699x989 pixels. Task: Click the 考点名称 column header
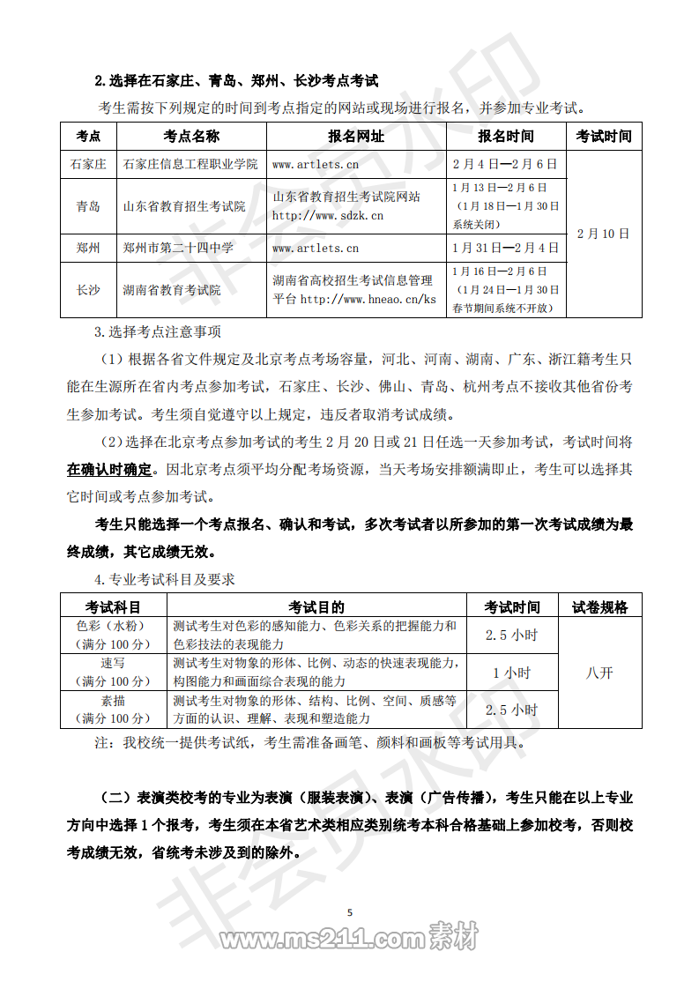tap(190, 136)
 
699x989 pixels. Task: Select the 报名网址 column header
tap(355, 136)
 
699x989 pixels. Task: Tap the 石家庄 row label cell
tap(88, 164)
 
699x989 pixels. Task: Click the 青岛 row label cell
tap(88, 206)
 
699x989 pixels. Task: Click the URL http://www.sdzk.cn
tap(327, 215)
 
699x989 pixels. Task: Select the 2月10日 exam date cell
tap(604, 234)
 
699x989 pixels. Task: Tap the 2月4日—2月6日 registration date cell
tap(505, 164)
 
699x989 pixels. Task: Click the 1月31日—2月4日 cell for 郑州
tap(505, 248)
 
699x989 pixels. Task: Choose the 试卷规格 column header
tap(599, 606)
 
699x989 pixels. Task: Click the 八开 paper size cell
tap(599, 673)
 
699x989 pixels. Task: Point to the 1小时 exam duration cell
tap(511, 673)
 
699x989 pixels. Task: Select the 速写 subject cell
tap(113, 663)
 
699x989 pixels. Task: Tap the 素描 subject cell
tap(113, 701)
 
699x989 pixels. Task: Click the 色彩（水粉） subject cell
tap(113, 626)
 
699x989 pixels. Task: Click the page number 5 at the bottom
tap(350, 911)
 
